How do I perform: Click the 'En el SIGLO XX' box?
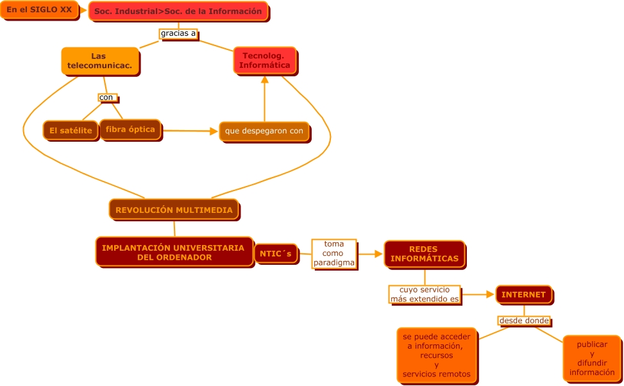(39, 10)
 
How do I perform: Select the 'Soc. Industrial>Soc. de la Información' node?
(178, 11)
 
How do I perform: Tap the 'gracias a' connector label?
(178, 33)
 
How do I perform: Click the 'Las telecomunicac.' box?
(99, 60)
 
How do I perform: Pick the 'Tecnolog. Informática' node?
(264, 60)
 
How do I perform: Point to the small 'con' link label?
(106, 97)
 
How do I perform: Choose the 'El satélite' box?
(71, 130)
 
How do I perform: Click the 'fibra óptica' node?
(130, 129)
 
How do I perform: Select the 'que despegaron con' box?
(264, 131)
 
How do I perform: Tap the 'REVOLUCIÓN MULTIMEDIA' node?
(174, 210)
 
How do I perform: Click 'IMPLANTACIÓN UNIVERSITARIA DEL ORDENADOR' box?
(173, 252)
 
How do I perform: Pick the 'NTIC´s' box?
(276, 254)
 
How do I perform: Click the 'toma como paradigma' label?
(333, 253)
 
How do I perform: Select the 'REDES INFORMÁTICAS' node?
(425, 254)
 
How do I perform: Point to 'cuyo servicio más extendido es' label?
(425, 294)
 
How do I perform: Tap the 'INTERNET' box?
(523, 294)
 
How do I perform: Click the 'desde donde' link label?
(524, 321)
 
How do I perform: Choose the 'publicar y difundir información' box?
(591, 358)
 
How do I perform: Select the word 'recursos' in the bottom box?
(436, 355)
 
